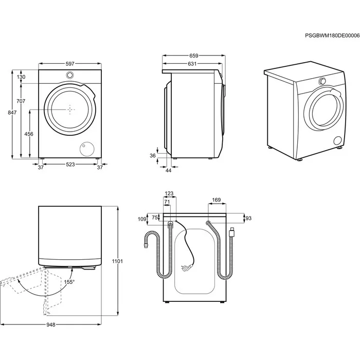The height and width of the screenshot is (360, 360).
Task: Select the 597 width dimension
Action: (x=70, y=64)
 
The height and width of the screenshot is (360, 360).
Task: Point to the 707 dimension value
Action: (x=21, y=101)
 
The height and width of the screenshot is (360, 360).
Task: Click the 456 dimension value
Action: (x=29, y=134)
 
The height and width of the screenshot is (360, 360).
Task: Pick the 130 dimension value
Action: (x=21, y=77)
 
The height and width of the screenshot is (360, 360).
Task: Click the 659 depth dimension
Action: (x=194, y=56)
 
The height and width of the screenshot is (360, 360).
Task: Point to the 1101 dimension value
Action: (x=118, y=262)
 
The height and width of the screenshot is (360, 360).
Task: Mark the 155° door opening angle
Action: (x=69, y=281)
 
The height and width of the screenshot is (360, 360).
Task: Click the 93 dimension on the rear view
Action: (x=248, y=219)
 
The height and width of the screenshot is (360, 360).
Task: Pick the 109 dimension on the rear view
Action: (x=142, y=219)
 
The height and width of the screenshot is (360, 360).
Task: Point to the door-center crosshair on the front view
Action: (x=70, y=110)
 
